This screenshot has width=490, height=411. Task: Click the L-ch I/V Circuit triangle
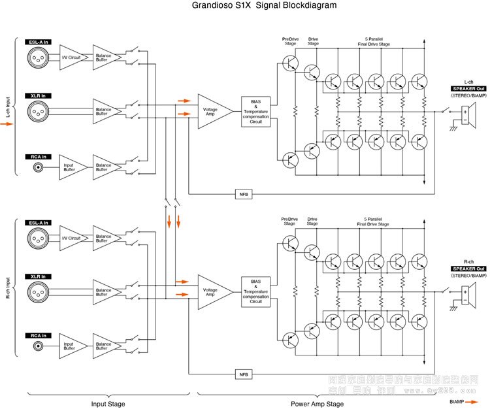click(71, 58)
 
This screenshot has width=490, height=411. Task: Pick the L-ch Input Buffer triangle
click(71, 166)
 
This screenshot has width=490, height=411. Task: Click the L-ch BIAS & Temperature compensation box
click(255, 112)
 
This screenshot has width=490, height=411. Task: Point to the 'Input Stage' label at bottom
click(108, 404)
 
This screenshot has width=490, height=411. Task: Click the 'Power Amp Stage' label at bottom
click(318, 404)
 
